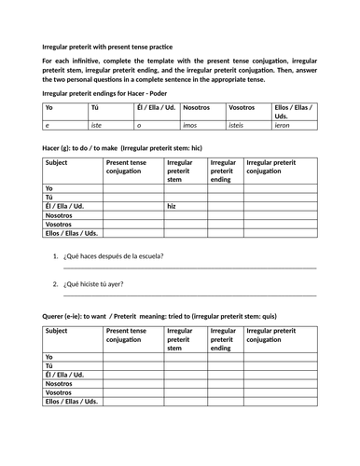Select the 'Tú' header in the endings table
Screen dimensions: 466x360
point(93,107)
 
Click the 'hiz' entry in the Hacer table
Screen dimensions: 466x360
point(172,206)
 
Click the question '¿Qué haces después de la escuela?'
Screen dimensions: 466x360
point(115,254)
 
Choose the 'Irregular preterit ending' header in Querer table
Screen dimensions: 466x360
point(222,339)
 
